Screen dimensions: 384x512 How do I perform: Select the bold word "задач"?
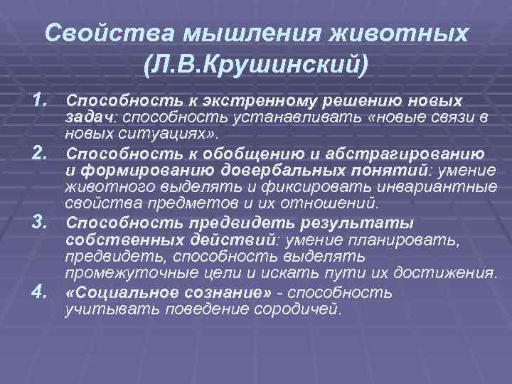coord(86,117)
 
